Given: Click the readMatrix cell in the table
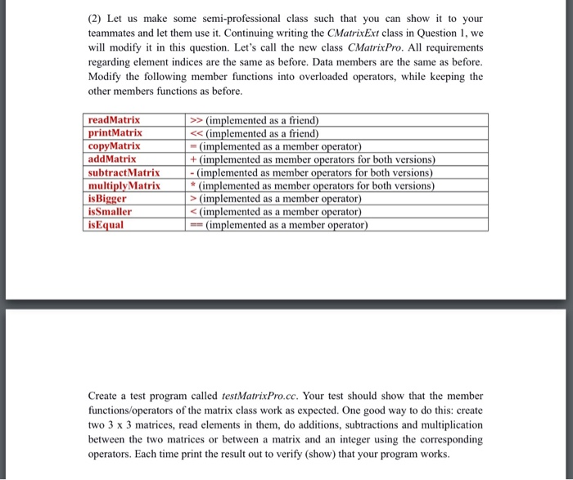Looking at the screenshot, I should [x=114, y=121].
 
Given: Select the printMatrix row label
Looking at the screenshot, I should [x=115, y=132].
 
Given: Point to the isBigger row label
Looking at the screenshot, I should [x=107, y=198].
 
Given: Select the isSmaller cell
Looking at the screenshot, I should [x=110, y=210].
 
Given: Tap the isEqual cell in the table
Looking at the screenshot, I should [x=106, y=224].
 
